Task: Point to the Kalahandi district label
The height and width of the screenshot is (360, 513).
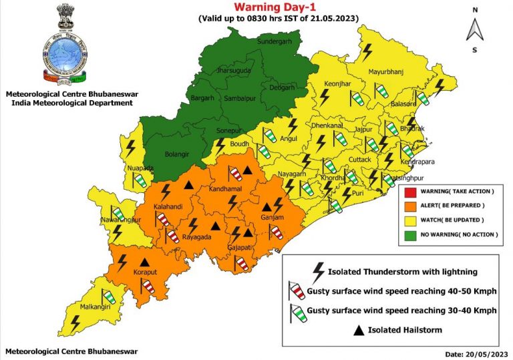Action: pos(169,208)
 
